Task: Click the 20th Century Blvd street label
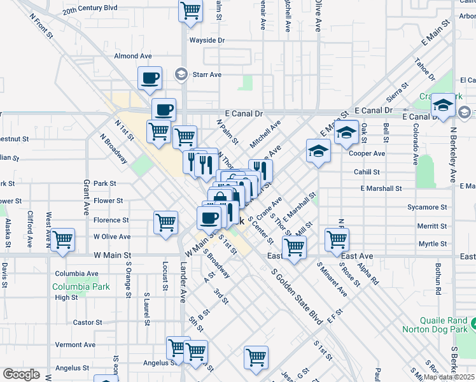pos(90,8)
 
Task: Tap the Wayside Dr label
pos(207,40)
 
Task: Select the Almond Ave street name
pos(132,56)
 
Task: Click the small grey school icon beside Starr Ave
pos(181,74)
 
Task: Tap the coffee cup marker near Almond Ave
pos(150,78)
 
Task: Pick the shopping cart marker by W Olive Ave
pos(63,240)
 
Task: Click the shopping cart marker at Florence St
pos(165,222)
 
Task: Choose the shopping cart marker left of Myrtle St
pos(337,239)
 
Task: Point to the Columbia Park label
pos(81,286)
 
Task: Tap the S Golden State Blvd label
pos(296,296)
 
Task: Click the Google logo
pos(22,374)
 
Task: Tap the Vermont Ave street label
pos(75,344)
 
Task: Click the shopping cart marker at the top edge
pos(190,10)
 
